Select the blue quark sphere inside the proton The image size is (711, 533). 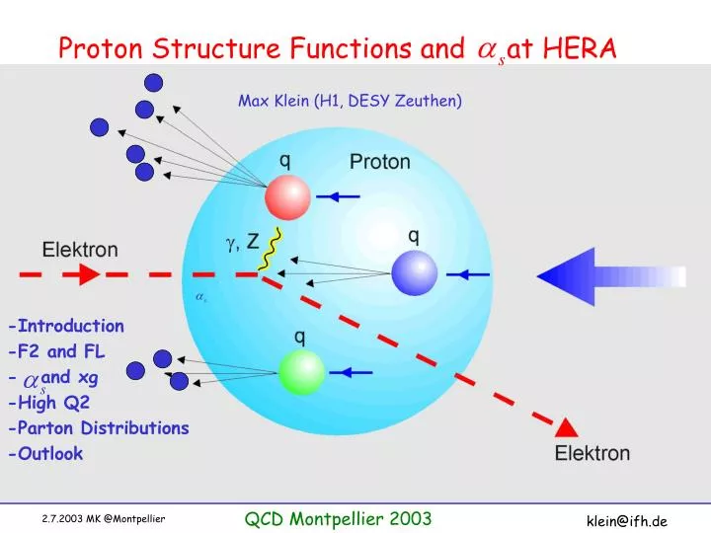click(414, 272)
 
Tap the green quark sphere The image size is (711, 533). click(301, 372)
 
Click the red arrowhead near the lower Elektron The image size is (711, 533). click(566, 427)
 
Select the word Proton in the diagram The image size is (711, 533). click(379, 162)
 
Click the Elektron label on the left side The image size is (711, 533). click(80, 250)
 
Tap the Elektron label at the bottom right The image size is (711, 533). click(592, 454)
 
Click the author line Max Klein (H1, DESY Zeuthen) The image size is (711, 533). click(350, 101)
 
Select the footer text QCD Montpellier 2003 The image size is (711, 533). click(338, 519)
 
